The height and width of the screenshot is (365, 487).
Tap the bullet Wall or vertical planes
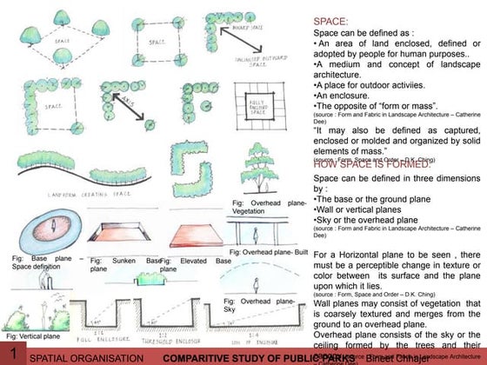354,211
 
